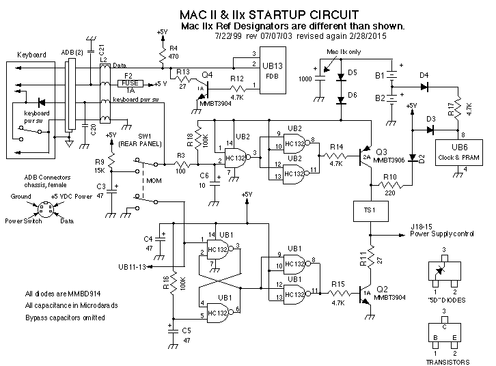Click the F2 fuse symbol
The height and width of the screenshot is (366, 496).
coord(130,83)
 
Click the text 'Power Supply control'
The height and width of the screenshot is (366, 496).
coord(442,234)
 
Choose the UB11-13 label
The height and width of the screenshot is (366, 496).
coord(133,266)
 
